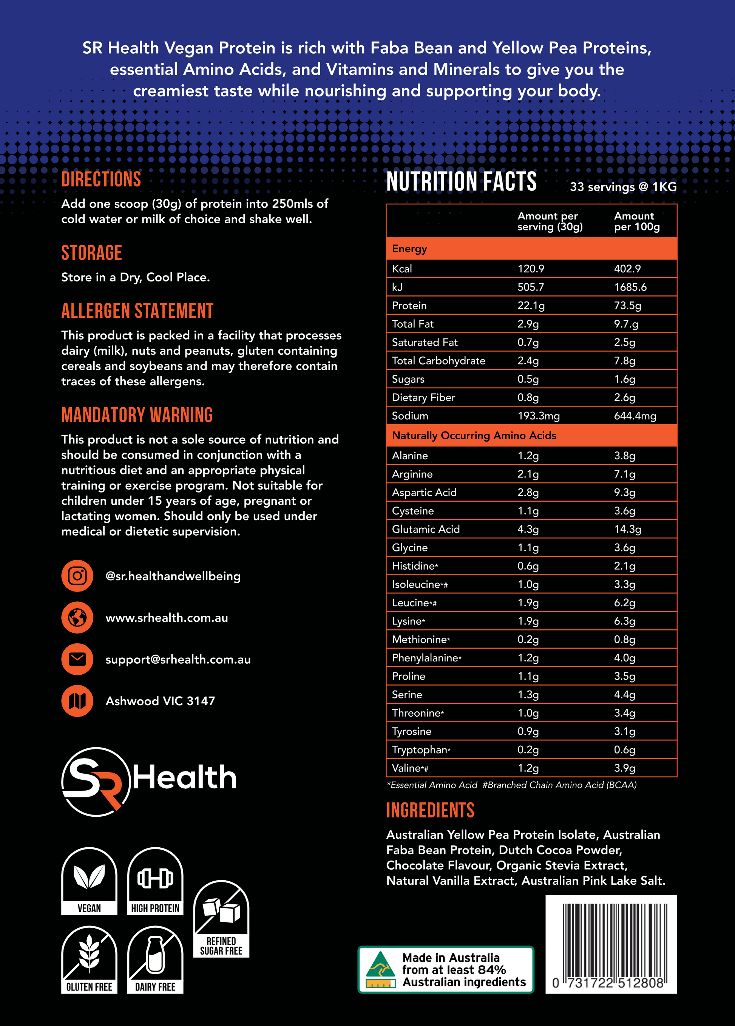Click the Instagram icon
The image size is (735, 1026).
tap(77, 575)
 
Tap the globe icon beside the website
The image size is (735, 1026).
tap(77, 618)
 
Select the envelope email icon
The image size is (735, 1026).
tap(77, 659)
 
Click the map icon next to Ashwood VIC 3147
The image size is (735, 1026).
tap(77, 701)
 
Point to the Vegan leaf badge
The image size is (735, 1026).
tap(89, 880)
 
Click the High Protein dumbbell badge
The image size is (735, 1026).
tap(155, 880)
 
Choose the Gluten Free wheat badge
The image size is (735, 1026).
tap(89, 959)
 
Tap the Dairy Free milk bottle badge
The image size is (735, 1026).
tap(155, 959)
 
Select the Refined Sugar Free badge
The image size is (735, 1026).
tap(221, 918)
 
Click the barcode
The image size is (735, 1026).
tap(611, 944)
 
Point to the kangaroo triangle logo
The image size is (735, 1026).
tap(380, 969)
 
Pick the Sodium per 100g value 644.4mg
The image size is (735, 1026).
tap(635, 416)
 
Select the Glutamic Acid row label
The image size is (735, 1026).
tap(426, 529)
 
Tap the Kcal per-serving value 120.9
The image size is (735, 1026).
tap(531, 269)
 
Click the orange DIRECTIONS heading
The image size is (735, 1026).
tap(101, 179)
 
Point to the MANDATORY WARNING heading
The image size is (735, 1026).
tap(137, 415)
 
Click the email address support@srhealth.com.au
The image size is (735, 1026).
tap(178, 660)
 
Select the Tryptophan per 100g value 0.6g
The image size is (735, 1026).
tap(624, 749)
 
